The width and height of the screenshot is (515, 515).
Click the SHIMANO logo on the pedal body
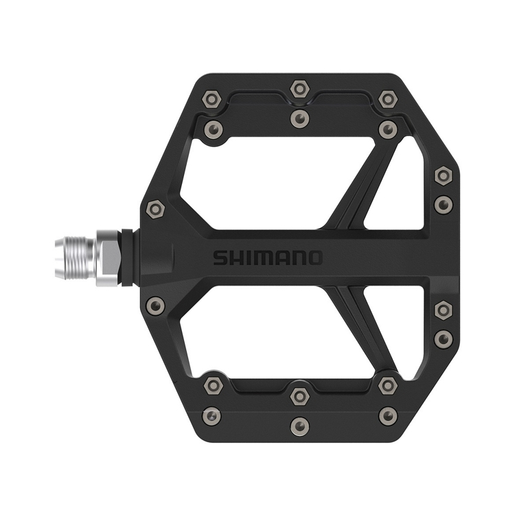click(267, 258)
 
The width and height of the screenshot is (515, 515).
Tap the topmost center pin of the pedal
click(299, 89)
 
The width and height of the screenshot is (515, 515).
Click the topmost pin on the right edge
click(444, 176)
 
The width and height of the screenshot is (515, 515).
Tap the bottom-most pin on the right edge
click(444, 337)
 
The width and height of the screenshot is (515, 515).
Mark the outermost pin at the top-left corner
click(212, 100)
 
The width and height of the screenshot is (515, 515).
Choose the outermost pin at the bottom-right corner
click(388, 415)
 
